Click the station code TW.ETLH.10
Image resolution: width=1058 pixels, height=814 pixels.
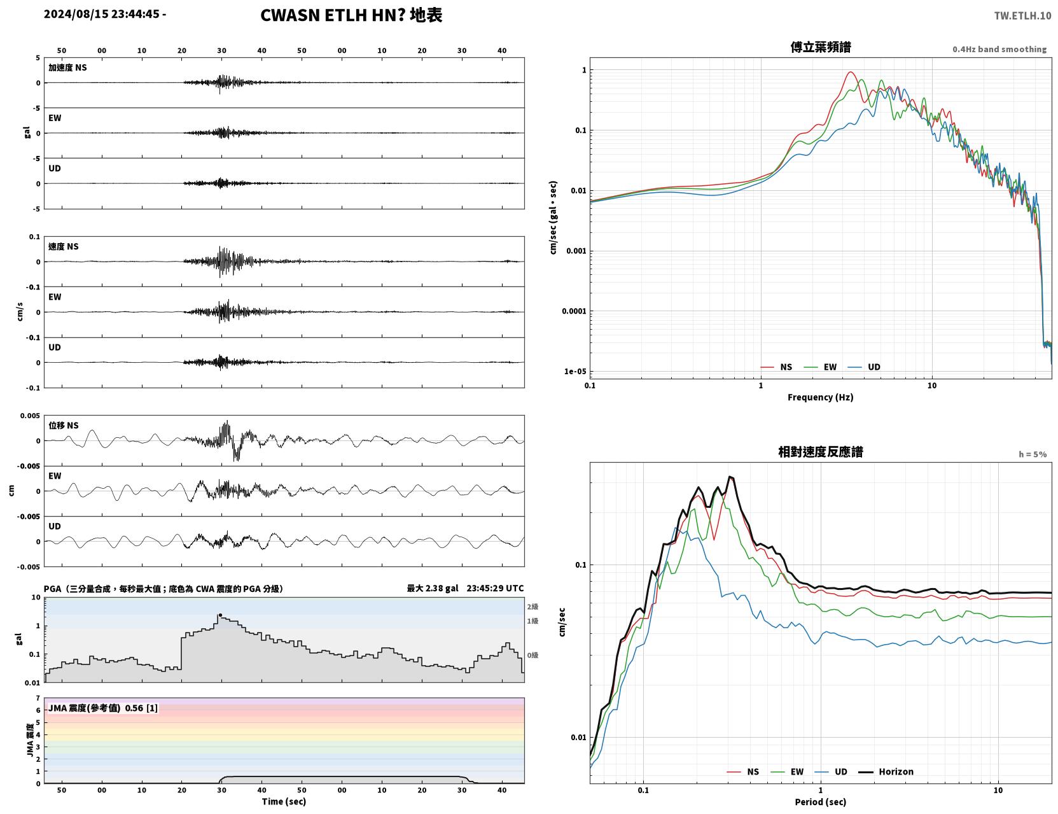(x=1022, y=15)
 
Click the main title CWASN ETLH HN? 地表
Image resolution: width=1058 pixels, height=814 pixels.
(x=351, y=15)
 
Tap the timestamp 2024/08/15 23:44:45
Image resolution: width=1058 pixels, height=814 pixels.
(x=101, y=14)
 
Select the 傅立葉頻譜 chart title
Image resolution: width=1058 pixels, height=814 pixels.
(x=820, y=47)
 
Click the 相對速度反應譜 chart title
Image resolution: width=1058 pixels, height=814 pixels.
(x=820, y=452)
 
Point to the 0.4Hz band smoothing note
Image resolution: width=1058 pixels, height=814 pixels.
(x=999, y=49)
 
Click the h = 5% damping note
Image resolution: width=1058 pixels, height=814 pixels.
(x=1032, y=454)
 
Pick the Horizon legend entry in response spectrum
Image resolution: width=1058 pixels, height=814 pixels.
(x=886, y=771)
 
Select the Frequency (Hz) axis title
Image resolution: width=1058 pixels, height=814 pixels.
(x=820, y=397)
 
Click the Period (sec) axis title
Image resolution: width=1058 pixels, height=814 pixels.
(x=820, y=802)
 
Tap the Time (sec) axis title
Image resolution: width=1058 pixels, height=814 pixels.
(x=284, y=801)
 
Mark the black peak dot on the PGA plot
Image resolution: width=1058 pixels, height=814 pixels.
(x=220, y=615)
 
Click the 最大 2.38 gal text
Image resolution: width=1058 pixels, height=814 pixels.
(x=433, y=588)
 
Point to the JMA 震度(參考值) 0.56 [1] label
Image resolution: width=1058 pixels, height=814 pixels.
(x=102, y=708)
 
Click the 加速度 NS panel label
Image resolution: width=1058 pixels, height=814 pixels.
(x=67, y=67)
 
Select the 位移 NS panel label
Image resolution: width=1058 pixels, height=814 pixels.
(x=63, y=426)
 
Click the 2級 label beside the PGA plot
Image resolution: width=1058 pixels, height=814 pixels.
(x=532, y=607)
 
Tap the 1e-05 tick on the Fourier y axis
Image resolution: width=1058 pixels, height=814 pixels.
(x=575, y=372)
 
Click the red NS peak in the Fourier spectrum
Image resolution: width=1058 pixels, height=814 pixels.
(x=850, y=72)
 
